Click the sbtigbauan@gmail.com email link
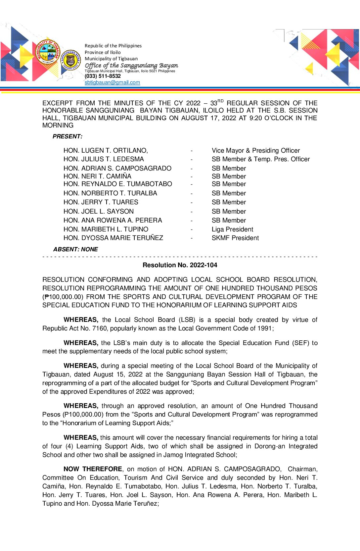click(x=112, y=82)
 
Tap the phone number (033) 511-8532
click(x=103, y=76)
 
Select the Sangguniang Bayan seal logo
click(x=71, y=60)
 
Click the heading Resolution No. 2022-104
click(x=180, y=265)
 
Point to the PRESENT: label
click(x=67, y=136)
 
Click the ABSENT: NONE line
click(x=75, y=249)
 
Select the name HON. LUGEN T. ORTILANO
click(x=106, y=151)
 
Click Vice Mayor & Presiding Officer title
click(x=255, y=151)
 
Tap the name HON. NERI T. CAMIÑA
click(x=97, y=176)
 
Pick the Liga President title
click(x=232, y=229)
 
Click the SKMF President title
click(x=235, y=238)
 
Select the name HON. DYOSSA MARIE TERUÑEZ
click(x=113, y=238)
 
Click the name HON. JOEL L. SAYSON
click(x=99, y=212)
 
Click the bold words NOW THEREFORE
click(x=93, y=469)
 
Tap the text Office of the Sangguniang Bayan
click(x=131, y=66)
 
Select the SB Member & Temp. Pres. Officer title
click(x=260, y=159)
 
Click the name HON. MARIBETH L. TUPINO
click(x=106, y=229)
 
